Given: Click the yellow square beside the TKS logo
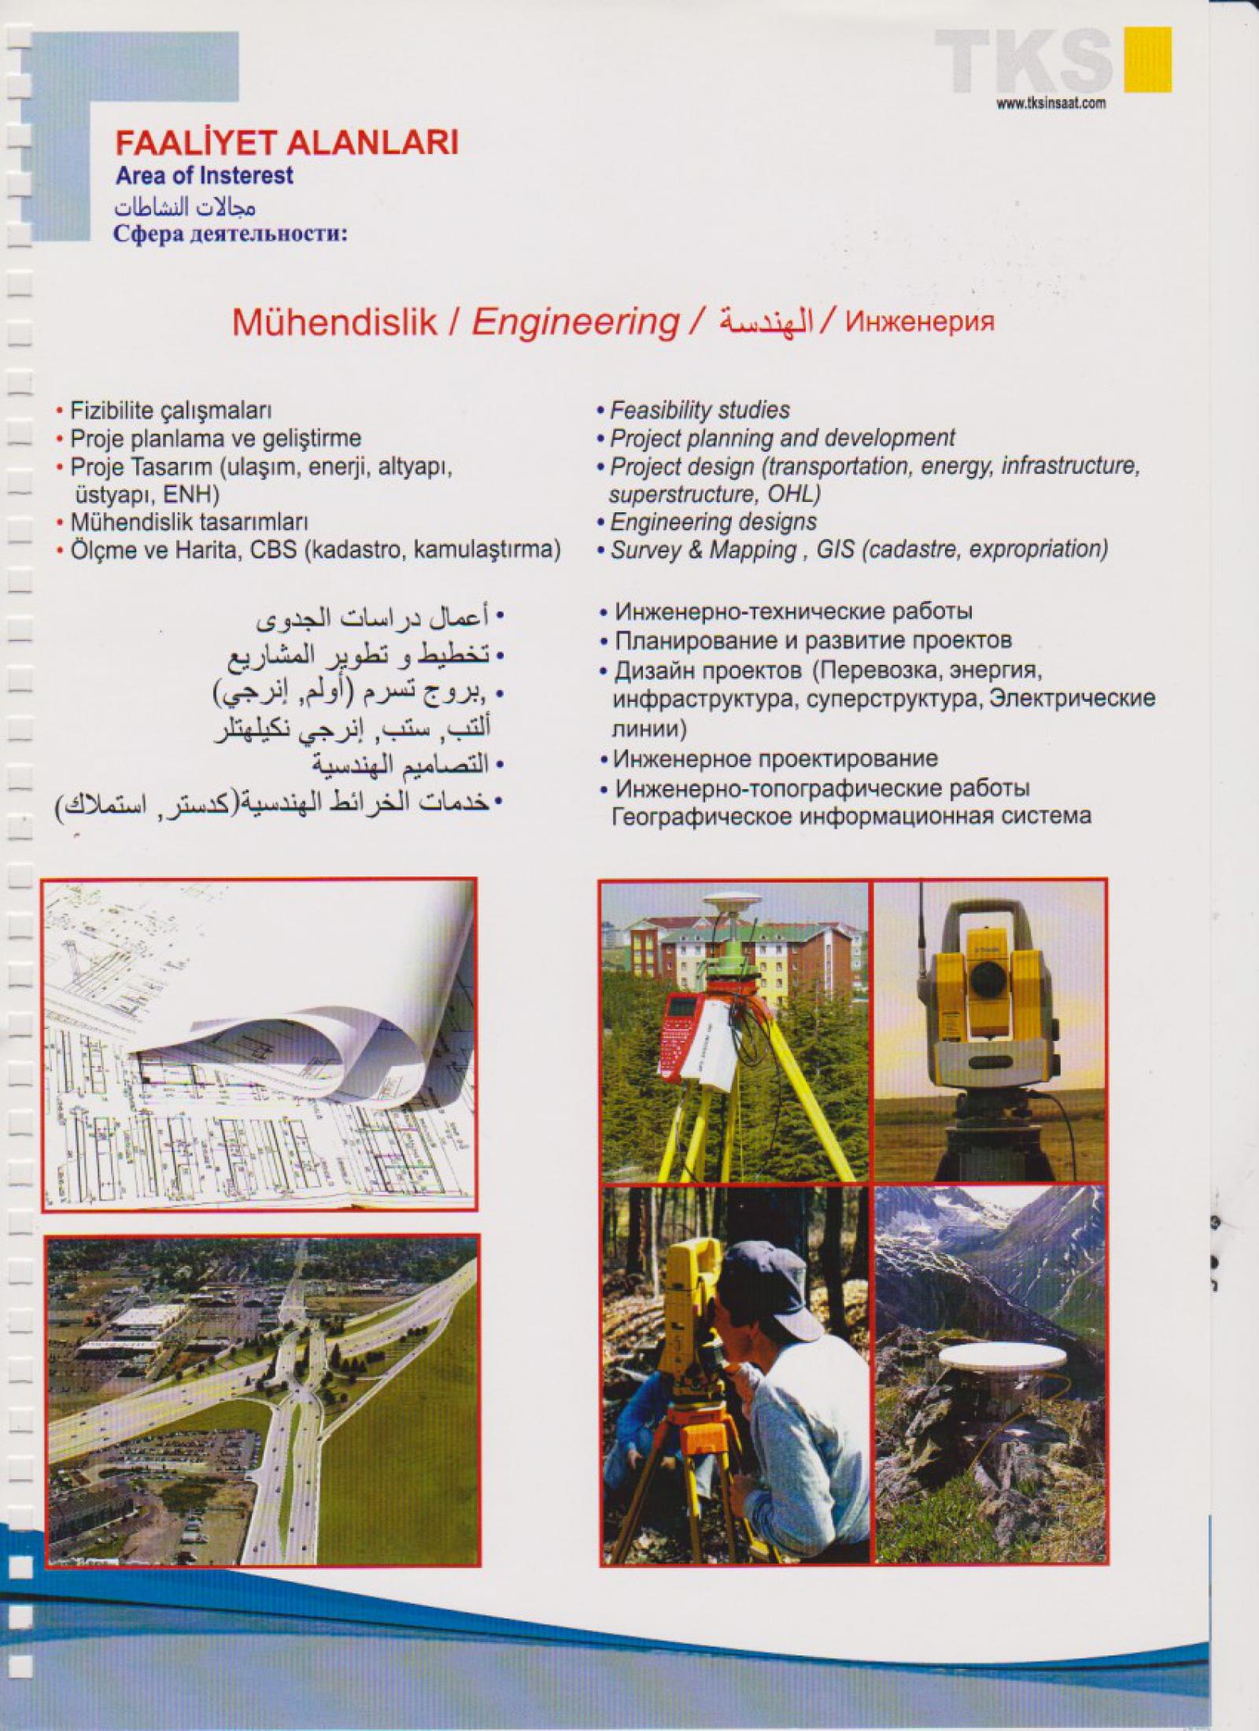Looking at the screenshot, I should (x=1148, y=61).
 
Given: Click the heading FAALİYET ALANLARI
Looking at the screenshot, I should (x=287, y=143).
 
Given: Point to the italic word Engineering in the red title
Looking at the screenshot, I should (x=575, y=323).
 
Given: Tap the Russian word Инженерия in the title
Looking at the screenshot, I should (x=920, y=323).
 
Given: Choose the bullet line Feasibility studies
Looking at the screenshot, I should (x=700, y=410).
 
